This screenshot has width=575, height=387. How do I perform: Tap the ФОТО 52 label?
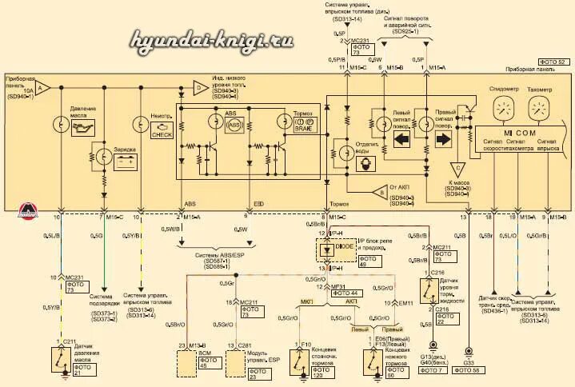(549, 62)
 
